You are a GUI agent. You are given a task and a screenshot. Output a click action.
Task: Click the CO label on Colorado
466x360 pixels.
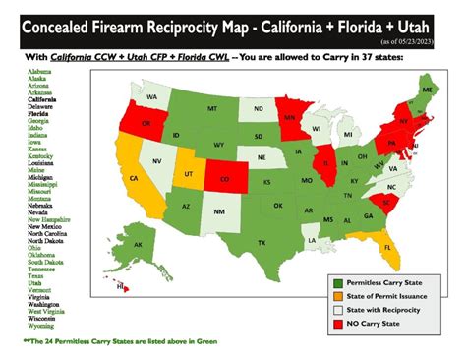[225, 180]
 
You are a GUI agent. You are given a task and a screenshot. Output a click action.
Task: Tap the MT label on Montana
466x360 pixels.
[211, 109]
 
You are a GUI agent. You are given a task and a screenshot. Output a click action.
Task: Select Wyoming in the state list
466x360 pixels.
[41, 326]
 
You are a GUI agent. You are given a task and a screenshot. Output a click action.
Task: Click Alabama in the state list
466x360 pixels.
[40, 72]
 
